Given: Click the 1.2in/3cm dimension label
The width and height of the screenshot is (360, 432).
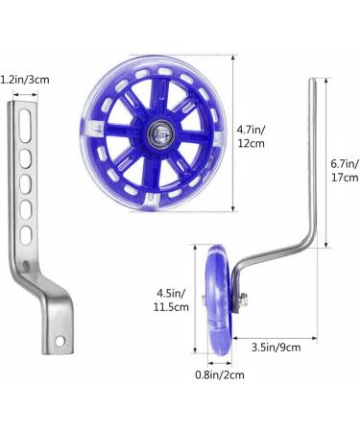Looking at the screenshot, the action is coord(25,80).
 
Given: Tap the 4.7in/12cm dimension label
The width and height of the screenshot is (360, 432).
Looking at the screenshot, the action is coord(251,136).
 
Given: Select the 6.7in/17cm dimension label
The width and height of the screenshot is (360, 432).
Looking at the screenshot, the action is coord(345,171).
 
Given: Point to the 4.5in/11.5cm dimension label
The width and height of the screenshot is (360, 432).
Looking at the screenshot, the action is coord(171,300).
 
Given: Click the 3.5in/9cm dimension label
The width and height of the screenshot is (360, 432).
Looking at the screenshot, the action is coord(276,348).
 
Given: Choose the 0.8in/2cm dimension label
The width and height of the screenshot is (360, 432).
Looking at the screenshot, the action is coord(220,374).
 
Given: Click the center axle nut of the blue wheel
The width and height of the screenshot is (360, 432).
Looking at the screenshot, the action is coord(159,133).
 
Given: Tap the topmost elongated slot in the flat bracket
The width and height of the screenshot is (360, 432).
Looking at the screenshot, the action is coord(25,126).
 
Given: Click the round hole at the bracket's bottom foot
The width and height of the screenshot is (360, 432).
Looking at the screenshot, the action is coord(60,342).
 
